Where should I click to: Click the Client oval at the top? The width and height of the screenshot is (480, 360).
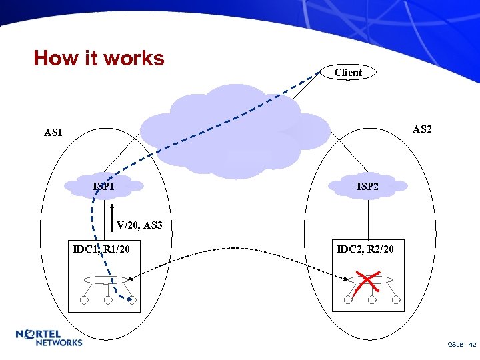pyautogui.click(x=348, y=73)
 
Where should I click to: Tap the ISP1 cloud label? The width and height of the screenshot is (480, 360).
pyautogui.click(x=103, y=186)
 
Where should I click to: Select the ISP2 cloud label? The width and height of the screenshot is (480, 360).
pyautogui.click(x=367, y=187)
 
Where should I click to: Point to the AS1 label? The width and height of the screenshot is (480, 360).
pyautogui.click(x=53, y=133)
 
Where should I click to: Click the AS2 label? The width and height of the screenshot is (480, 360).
pyautogui.click(x=422, y=129)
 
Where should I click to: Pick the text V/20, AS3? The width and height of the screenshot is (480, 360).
pyautogui.click(x=139, y=225)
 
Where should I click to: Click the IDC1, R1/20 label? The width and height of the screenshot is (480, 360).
pyautogui.click(x=101, y=249)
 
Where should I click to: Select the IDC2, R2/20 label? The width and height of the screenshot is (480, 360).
pyautogui.click(x=365, y=249)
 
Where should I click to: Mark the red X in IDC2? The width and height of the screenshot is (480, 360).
pyautogui.click(x=365, y=283)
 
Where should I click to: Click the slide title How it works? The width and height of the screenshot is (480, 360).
pyautogui.click(x=99, y=59)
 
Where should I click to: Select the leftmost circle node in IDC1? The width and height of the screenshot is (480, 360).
pyautogui.click(x=85, y=300)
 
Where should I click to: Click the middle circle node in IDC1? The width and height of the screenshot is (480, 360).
pyautogui.click(x=108, y=300)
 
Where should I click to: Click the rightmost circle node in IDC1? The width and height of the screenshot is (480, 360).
pyautogui.click(x=132, y=300)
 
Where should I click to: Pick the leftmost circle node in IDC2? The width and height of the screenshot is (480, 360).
pyautogui.click(x=347, y=300)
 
